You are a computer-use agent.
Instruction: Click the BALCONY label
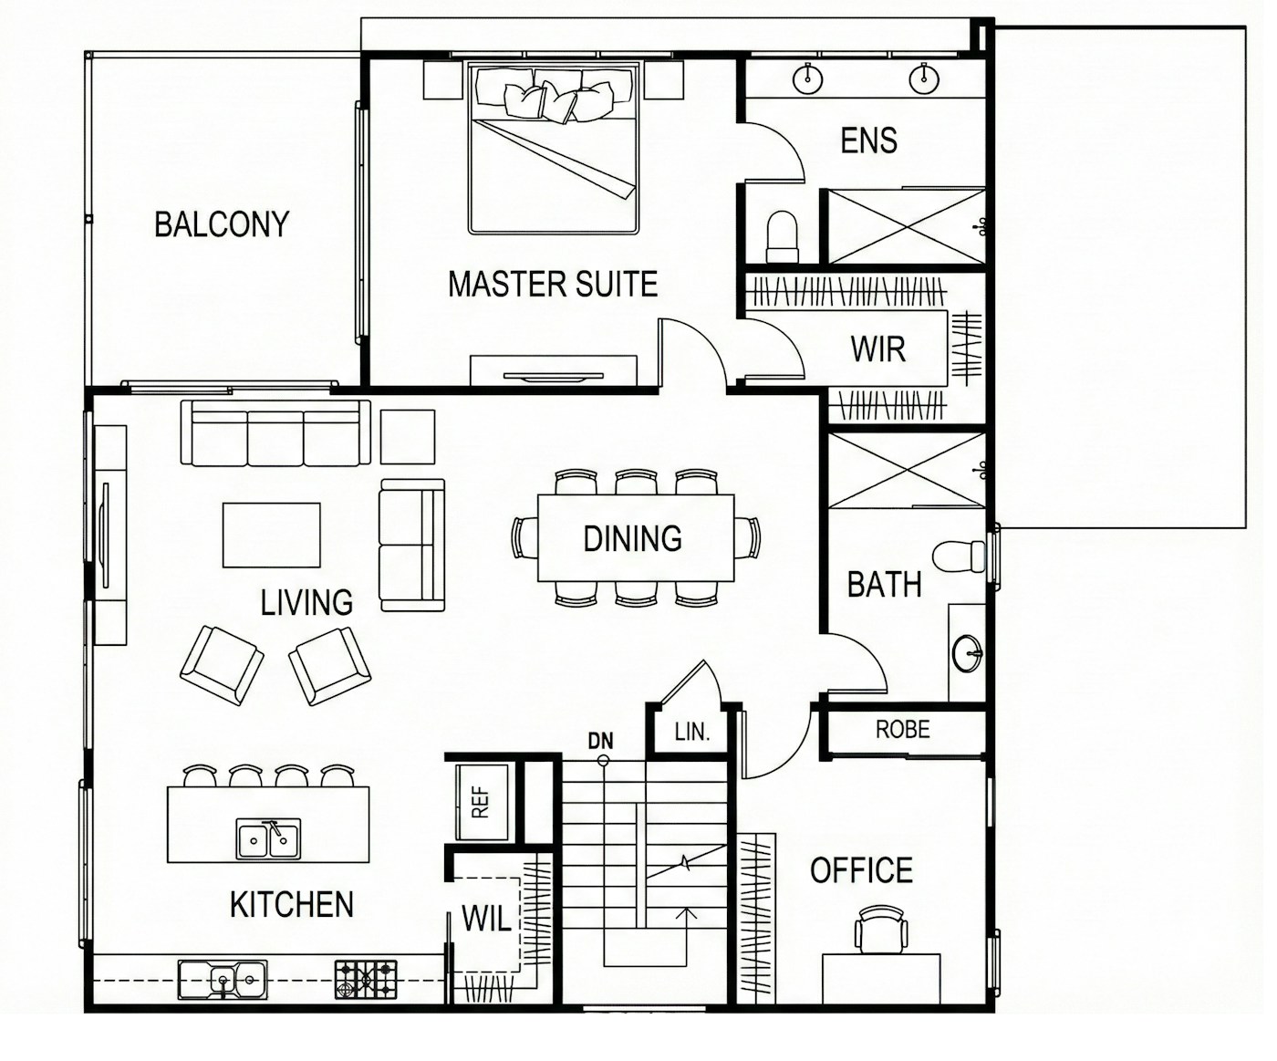(222, 224)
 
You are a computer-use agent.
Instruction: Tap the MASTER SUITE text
(553, 285)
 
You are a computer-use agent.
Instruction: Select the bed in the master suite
(554, 147)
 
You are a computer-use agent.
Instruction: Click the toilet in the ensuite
(783, 237)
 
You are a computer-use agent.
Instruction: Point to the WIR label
(877, 349)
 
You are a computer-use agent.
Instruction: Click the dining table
(636, 538)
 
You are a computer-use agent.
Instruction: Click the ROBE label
(903, 729)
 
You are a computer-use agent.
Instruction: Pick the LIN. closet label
(692, 732)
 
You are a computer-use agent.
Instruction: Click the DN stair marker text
(600, 742)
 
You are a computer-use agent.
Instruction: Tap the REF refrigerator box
(482, 802)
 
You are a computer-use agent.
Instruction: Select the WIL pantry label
(486, 919)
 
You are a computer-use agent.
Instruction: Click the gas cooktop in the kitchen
(366, 980)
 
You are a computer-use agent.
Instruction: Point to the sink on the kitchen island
(268, 839)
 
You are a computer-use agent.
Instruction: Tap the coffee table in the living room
(272, 536)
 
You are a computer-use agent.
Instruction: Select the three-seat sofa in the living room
(275, 433)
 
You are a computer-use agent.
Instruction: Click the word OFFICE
(861, 870)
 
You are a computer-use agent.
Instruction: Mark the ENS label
(869, 140)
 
